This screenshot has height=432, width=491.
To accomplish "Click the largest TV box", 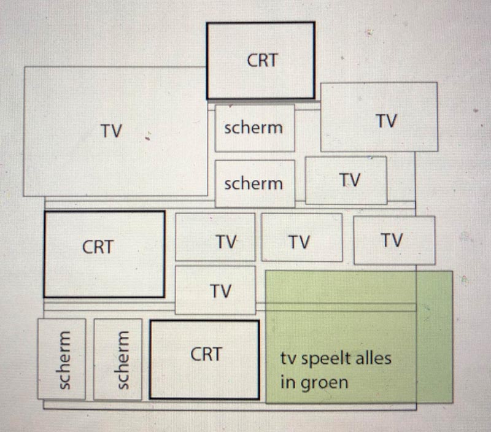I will click(115, 131).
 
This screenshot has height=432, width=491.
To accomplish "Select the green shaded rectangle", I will click(358, 336).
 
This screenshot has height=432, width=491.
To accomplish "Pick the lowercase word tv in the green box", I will click(288, 358).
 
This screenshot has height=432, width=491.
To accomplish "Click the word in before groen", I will click(287, 383).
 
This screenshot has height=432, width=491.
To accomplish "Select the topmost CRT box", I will click(261, 61).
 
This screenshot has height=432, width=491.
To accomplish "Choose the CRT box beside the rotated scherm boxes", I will click(205, 360).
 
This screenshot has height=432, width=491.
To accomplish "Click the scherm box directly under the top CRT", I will click(254, 128).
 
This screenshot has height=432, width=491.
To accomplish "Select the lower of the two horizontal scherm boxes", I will click(254, 183).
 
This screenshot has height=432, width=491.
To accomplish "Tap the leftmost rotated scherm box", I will click(61, 359).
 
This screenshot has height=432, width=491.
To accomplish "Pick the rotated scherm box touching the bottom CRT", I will click(118, 359).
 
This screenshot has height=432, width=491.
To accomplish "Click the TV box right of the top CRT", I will click(379, 117).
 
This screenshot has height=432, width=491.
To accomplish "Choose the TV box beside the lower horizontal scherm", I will click(346, 180).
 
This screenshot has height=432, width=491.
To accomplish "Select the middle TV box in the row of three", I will click(301, 237).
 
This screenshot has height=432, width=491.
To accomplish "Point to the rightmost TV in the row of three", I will click(394, 240).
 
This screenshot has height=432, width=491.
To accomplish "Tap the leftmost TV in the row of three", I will click(215, 237).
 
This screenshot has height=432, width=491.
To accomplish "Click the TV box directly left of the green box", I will click(215, 290).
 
